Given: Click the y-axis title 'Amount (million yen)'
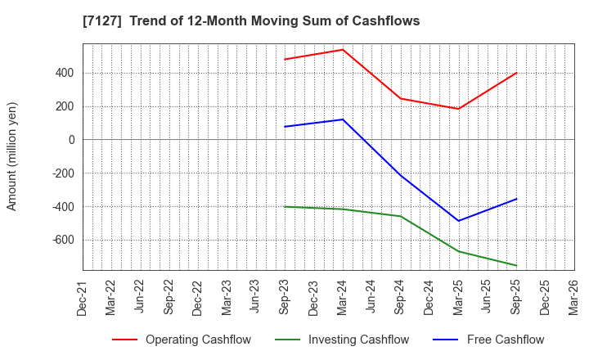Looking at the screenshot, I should pos(12,156).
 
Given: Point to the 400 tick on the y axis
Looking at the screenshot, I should pos(65,73).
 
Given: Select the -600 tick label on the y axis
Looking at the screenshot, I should pos(61,240).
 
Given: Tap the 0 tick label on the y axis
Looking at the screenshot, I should pos(71,140).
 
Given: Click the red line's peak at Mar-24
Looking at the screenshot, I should pos(343,50).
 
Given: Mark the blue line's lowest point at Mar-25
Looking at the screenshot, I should pos(458,221).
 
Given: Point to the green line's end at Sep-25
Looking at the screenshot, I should pos(516,266).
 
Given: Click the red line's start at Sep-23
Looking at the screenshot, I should pos(285,59).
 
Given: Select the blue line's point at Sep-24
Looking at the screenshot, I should pos(401,175).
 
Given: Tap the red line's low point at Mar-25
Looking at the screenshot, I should pos(458,109).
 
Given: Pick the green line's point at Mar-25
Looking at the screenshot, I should pos(458,251).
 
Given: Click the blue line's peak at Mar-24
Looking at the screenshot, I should pos(343,119).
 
